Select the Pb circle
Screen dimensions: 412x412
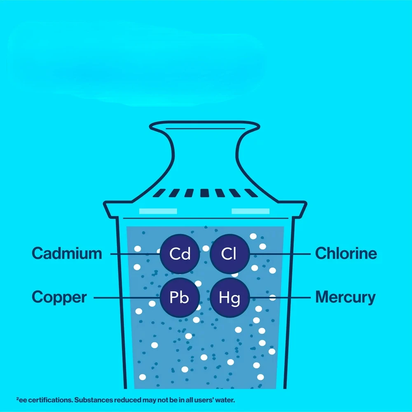[180, 297]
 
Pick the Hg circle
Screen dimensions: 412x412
[229, 297]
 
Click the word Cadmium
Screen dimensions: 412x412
[67, 253]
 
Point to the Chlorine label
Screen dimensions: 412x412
[346, 253]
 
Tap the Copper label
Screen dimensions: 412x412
[59, 297]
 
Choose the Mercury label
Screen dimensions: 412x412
[345, 297]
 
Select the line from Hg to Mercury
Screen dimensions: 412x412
[280, 297]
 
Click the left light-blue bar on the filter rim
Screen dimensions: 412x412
[158, 211]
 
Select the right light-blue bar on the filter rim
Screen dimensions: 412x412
[250, 211]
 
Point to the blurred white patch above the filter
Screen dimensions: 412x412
[136, 66]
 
